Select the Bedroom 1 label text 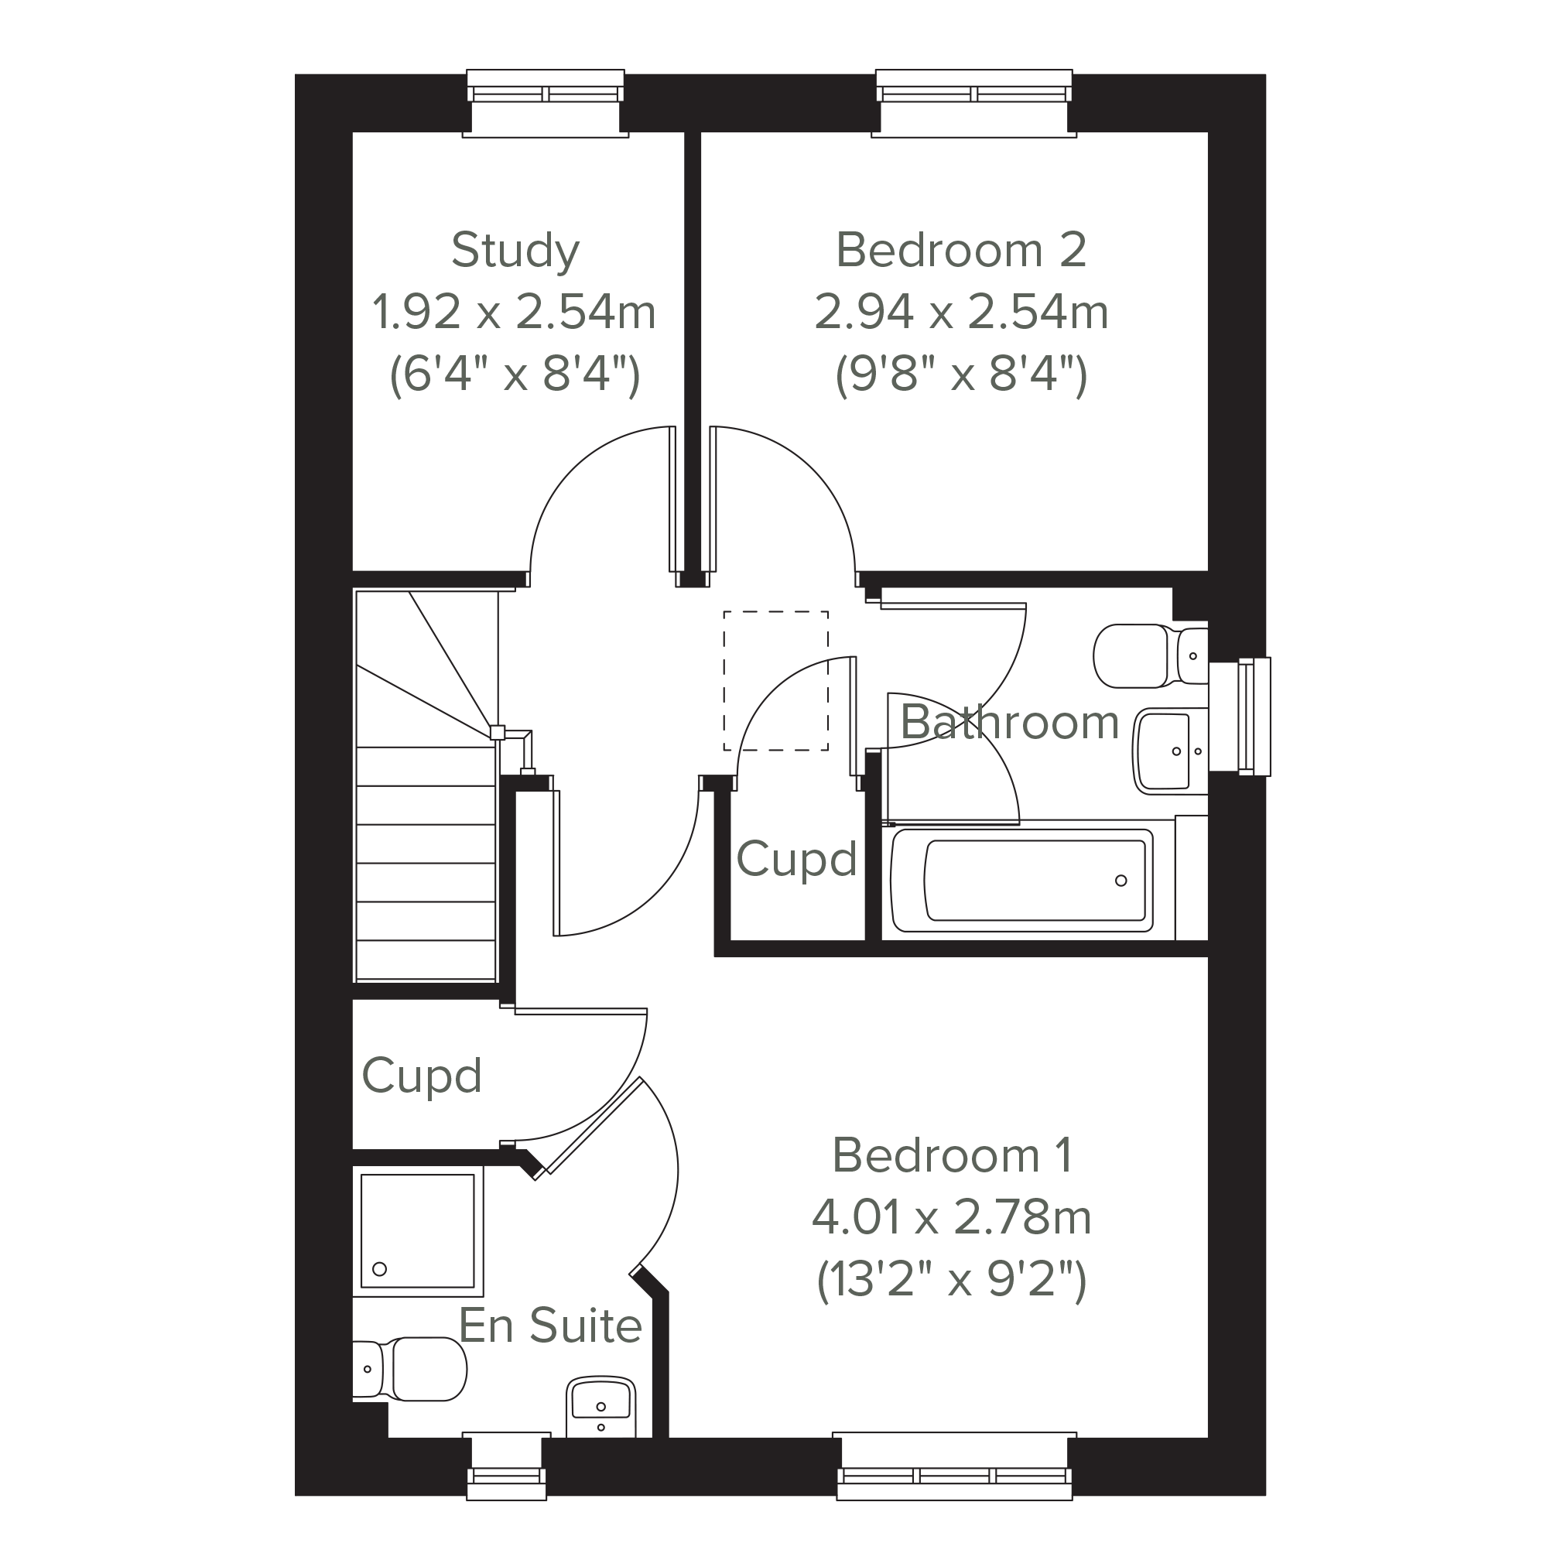(953, 1155)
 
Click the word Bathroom (1010, 722)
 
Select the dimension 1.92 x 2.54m (515, 313)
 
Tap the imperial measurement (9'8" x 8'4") (961, 375)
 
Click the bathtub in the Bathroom (1022, 880)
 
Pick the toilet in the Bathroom (1150, 655)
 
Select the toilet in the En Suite (409, 1369)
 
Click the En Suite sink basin (601, 1408)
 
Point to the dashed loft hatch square (775, 680)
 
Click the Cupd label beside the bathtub (796, 859)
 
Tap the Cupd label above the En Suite (422, 1076)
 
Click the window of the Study (546, 103)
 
